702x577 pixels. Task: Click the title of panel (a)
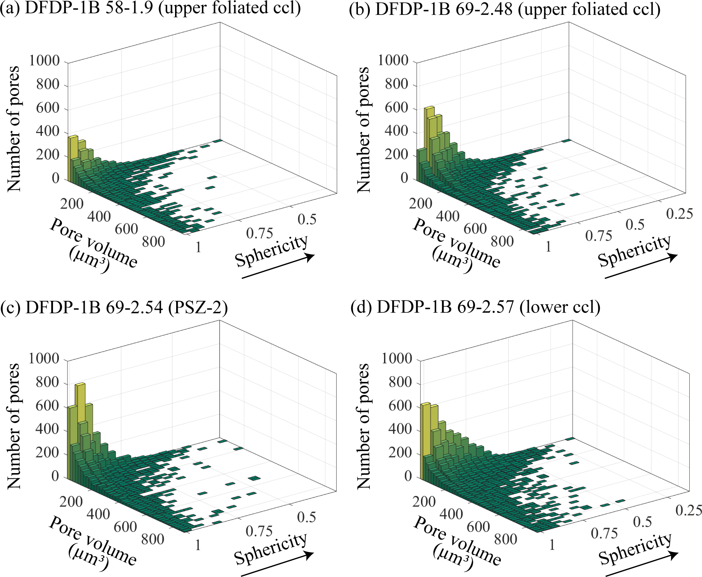pos(150,8)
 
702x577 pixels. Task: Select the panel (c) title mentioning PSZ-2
pos(114,307)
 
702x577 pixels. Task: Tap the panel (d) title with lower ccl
pos(475,307)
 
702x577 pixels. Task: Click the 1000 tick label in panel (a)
pos(44,61)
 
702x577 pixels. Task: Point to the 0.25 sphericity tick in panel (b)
pos(679,214)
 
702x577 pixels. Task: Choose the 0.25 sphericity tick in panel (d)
pos(689,510)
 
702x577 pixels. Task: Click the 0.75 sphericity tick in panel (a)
pos(259,234)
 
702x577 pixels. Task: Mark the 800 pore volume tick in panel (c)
pos(153,539)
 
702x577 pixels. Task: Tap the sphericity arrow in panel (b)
pos(640,266)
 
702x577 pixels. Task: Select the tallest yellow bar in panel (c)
pos(80,411)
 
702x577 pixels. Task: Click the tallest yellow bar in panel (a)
pos(73,157)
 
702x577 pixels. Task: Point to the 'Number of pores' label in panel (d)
pos(363,426)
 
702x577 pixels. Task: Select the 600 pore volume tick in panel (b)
pos(475,229)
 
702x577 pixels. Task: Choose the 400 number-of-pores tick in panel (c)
pos(47,429)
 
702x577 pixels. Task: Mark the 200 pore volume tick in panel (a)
pos(72,204)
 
